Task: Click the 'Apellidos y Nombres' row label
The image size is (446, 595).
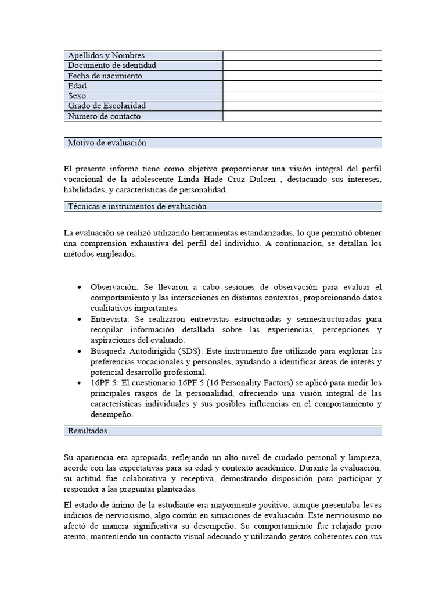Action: pos(106,55)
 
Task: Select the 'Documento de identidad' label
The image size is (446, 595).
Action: pos(112,66)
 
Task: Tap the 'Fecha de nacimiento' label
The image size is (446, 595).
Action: pos(105,76)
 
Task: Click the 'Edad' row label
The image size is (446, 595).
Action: pos(77,86)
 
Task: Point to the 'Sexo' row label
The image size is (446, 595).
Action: pos(77,96)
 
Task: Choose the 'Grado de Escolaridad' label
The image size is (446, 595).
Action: pos(107,106)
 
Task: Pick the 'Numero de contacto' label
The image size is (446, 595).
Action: pos(105,116)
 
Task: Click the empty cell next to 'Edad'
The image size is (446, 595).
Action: pos(302,86)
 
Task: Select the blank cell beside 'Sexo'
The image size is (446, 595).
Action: pos(302,96)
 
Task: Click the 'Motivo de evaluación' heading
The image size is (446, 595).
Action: pos(107,142)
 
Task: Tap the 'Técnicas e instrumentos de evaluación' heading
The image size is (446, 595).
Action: pos(137,206)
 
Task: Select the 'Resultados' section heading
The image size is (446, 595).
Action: pos(88,431)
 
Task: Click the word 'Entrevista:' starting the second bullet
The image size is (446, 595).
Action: pos(110,319)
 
